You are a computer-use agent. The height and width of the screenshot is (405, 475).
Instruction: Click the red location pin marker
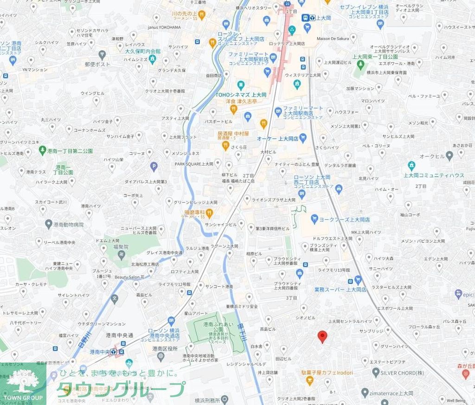[x=322, y=337]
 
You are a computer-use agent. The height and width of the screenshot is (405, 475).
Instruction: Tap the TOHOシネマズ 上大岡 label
[x=241, y=94]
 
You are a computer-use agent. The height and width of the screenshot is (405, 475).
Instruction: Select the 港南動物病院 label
[x=69, y=225]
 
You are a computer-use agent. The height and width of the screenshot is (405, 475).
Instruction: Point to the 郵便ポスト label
[x=97, y=64]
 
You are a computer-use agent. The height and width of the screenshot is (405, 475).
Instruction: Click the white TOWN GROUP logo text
[x=23, y=398]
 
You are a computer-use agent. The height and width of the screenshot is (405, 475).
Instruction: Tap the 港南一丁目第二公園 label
[x=70, y=151]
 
